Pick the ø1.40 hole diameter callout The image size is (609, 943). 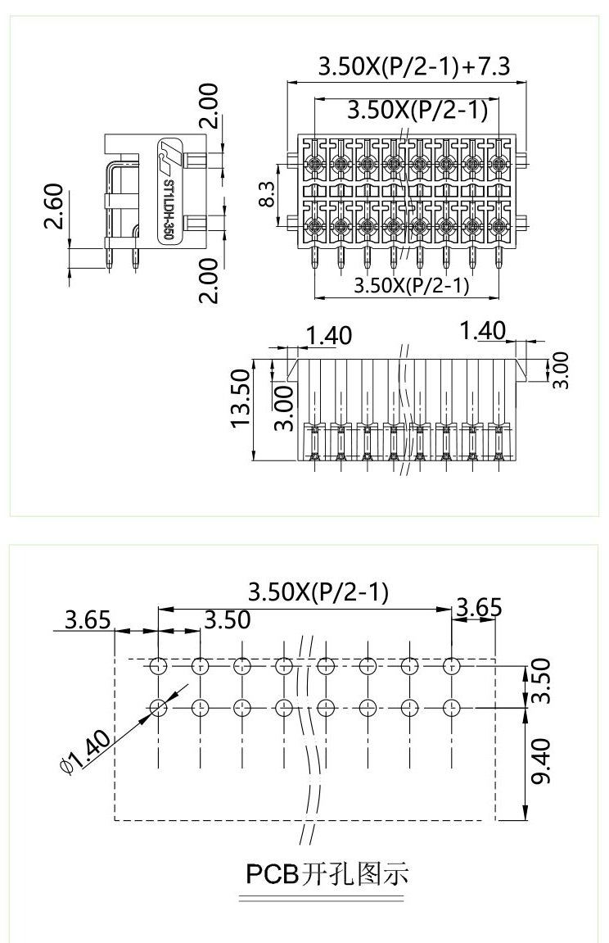(84, 751)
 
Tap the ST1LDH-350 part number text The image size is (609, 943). (167, 209)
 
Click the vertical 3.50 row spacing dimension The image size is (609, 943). (542, 682)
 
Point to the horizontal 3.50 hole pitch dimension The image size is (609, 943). (227, 619)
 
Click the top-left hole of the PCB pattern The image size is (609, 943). (158, 665)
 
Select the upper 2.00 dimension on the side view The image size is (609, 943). (210, 106)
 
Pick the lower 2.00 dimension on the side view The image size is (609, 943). (210, 280)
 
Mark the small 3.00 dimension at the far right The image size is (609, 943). (562, 369)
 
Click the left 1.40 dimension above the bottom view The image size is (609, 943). (327, 335)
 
